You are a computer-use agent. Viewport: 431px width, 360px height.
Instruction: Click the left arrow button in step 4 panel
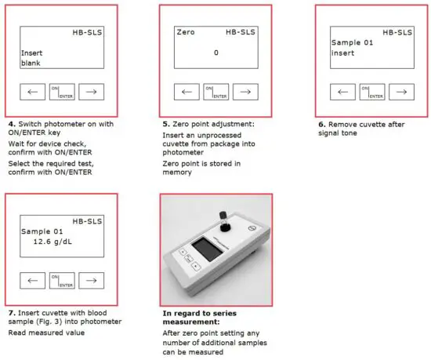tap(32, 92)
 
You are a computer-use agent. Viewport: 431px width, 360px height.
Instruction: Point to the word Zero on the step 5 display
tap(186, 33)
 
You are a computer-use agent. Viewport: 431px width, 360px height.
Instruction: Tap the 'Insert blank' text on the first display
tap(31, 58)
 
